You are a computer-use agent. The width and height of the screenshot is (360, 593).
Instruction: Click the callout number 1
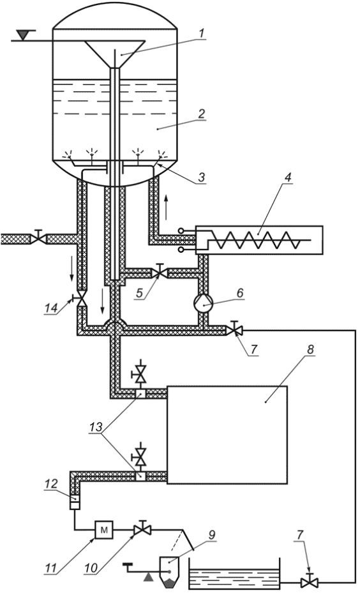coord(202,33)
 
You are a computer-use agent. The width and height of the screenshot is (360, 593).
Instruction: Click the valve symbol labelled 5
coord(159,272)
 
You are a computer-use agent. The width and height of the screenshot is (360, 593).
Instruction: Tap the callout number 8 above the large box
coord(310,350)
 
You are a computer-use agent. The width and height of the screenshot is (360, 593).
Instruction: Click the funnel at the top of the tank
coord(116,54)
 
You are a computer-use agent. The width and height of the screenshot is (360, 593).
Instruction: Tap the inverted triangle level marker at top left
coord(24,35)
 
